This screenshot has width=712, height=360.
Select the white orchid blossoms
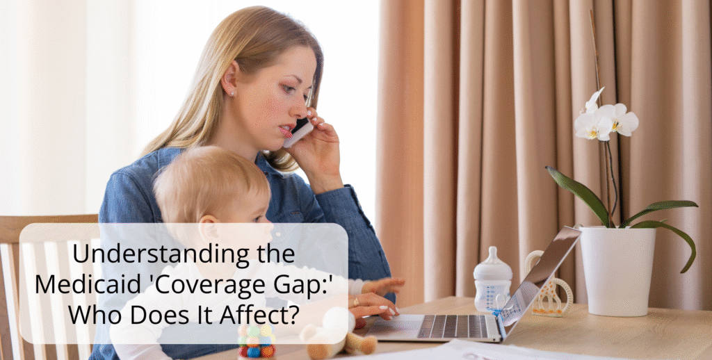click(x=604, y=120)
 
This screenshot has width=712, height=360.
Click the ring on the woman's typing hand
click(x=357, y=300)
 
